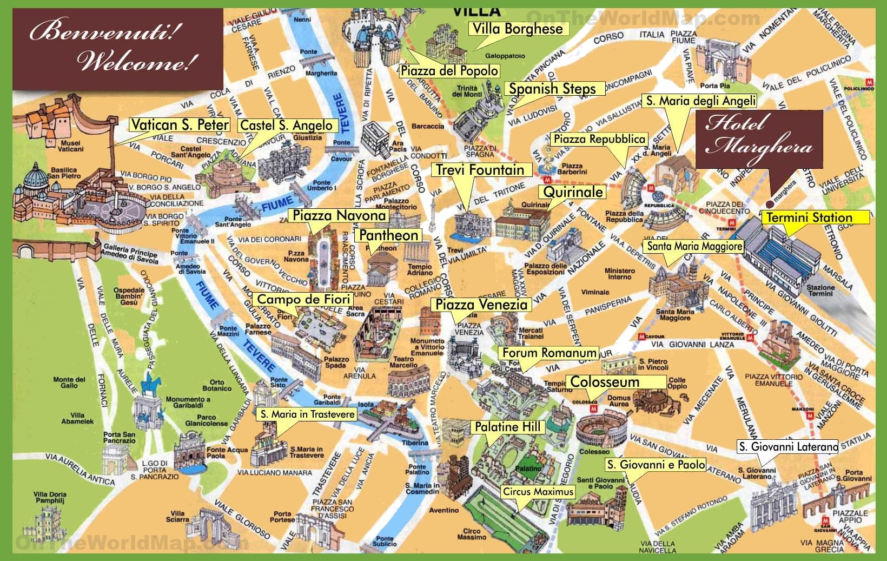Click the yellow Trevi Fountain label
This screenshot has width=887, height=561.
(480, 170)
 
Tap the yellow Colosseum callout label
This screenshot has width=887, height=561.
(605, 382)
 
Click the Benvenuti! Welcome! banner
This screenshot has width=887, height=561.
(118, 49)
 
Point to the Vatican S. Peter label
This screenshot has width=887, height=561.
(180, 125)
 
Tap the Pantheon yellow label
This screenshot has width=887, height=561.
(388, 235)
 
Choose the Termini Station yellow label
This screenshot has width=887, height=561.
(809, 217)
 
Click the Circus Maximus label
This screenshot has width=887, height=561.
(538, 492)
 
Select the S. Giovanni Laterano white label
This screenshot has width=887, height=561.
(788, 447)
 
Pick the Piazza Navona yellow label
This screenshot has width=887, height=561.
(339, 215)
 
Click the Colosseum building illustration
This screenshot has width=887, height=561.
(600, 427)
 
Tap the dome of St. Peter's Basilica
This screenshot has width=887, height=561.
(37, 176)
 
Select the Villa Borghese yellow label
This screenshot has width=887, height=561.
(518, 29)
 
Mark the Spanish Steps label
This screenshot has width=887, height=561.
(552, 89)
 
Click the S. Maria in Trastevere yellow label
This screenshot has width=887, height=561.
(307, 414)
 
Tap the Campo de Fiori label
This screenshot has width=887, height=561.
(303, 299)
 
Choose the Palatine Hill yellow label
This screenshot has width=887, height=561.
(507, 427)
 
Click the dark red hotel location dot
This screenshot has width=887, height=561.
(769, 204)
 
